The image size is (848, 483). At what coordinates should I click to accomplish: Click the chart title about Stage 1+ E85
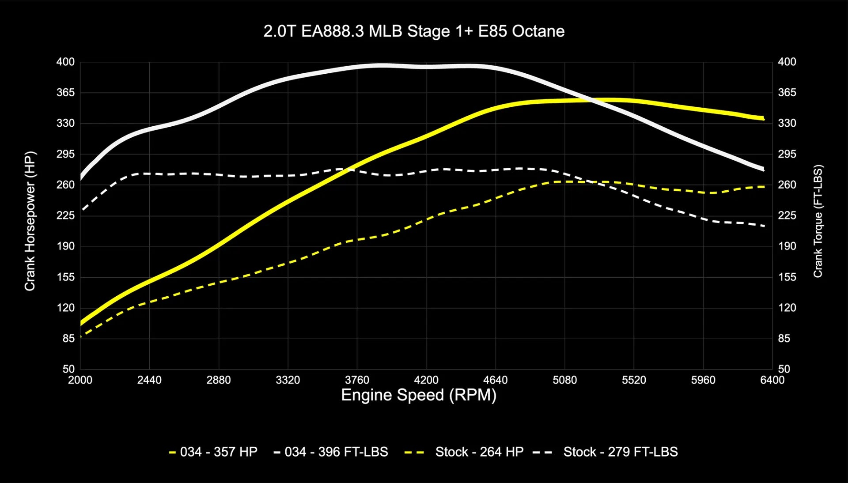coord(414,31)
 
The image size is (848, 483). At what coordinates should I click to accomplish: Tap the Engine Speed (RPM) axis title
coord(419,395)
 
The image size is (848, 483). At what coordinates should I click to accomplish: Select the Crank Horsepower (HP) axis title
coord(30,221)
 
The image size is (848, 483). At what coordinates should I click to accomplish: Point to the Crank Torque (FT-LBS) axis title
coord(818,221)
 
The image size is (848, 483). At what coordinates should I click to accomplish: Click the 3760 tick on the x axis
coord(357,380)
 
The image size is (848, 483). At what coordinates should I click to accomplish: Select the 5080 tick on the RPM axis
coord(564,380)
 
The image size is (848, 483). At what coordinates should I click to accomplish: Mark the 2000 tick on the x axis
coord(80,380)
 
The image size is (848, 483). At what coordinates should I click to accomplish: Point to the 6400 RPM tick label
coord(772,380)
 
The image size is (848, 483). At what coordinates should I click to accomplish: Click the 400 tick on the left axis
coord(65,62)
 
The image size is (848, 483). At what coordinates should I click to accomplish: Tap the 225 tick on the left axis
coord(65,215)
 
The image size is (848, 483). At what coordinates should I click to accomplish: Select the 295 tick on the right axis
coord(787,154)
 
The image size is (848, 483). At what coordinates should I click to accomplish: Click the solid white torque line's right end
coord(763,169)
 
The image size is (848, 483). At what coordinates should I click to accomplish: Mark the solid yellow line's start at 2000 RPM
coord(81,324)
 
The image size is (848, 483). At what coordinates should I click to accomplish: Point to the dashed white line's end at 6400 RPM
coord(764,226)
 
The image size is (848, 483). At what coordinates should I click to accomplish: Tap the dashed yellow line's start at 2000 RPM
coord(81,337)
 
